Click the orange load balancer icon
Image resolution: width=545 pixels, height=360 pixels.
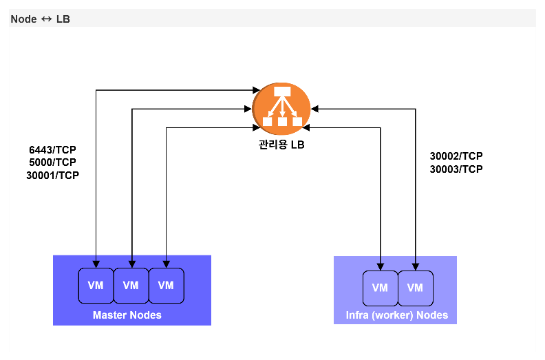click(281, 109)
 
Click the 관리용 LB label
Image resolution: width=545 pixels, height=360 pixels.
click(281, 145)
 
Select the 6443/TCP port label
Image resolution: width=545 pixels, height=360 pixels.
click(52, 150)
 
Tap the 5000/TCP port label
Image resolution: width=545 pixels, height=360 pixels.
click(52, 162)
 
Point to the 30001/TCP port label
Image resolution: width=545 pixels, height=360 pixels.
click(52, 176)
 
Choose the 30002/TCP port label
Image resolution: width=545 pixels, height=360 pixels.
click(456, 156)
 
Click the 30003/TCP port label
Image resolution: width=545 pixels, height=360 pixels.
click(456, 169)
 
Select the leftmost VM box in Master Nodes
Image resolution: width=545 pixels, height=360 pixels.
click(96, 286)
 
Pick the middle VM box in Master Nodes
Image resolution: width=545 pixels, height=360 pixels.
click(131, 286)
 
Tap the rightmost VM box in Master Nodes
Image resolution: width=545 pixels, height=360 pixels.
click(166, 286)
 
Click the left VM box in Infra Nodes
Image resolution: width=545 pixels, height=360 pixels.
click(381, 288)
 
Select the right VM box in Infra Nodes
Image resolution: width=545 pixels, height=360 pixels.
click(416, 288)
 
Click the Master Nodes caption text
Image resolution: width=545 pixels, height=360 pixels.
click(127, 315)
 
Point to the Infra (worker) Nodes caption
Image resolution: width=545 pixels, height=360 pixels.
click(396, 315)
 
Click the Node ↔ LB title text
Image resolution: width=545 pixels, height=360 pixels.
click(41, 19)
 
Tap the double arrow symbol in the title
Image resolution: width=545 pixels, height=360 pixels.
click(46, 19)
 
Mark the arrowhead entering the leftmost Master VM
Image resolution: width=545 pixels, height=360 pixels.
click(96, 264)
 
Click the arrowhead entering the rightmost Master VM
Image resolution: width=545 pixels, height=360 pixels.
click(166, 264)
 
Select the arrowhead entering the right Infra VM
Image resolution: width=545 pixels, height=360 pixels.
click(416, 267)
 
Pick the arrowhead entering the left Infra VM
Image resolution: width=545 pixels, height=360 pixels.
click(381, 267)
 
